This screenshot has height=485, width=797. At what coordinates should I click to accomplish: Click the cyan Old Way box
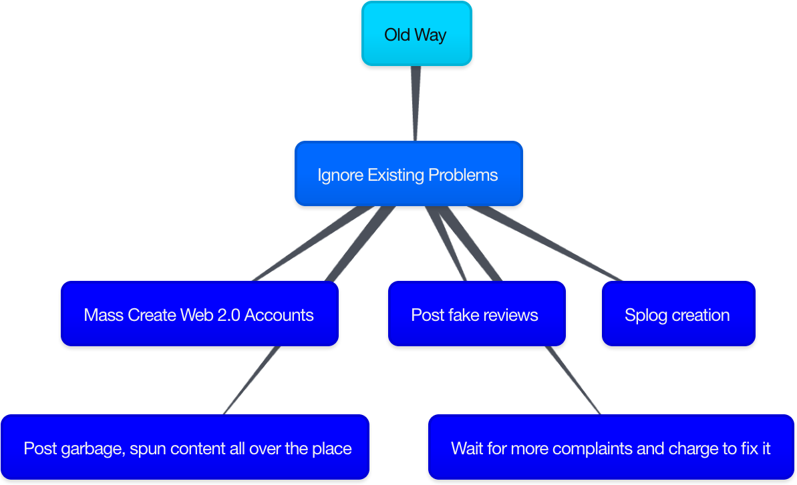[417, 33]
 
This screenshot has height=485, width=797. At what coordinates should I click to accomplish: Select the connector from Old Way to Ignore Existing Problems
[416, 103]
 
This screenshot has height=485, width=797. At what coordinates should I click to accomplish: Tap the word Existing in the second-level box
[396, 175]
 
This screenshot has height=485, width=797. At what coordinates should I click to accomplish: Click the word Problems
[463, 175]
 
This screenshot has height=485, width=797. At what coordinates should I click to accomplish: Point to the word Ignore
[341, 175]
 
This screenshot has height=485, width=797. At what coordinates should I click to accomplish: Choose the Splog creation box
[679, 314]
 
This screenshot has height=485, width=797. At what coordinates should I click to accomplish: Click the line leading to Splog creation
[544, 244]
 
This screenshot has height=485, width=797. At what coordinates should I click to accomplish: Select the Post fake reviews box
[477, 314]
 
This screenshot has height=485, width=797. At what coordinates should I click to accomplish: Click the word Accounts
[279, 315]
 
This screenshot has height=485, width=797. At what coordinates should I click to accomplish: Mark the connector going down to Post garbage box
[252, 380]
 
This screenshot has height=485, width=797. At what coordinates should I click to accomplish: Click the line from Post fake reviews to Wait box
[573, 380]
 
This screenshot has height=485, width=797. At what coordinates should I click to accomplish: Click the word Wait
[466, 448]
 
